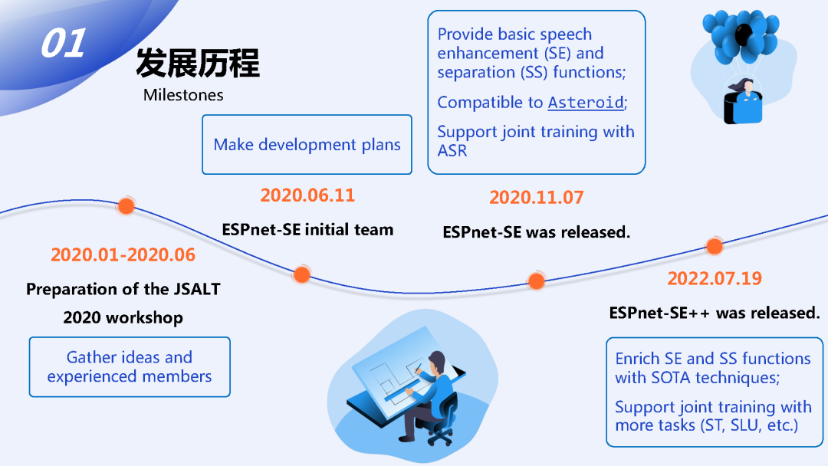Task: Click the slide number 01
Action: pos(62,44)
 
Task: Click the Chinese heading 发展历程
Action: pos(198,63)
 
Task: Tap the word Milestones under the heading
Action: pos(183,95)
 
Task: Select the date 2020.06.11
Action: pos(307,195)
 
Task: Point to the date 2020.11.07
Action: pos(536,197)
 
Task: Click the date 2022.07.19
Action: pos(714,277)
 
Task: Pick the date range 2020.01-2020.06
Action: pos(123,254)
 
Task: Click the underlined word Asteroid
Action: pos(586,103)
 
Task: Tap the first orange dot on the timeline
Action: pos(127,205)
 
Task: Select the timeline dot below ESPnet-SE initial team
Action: pos(302,274)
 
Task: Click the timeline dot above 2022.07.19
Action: pos(714,246)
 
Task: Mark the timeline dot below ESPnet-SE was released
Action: pos(537,281)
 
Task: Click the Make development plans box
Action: pos(307,145)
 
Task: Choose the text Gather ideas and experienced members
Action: pos(130,366)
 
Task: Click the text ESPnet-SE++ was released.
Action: pos(714,313)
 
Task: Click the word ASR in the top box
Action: pos(452,150)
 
